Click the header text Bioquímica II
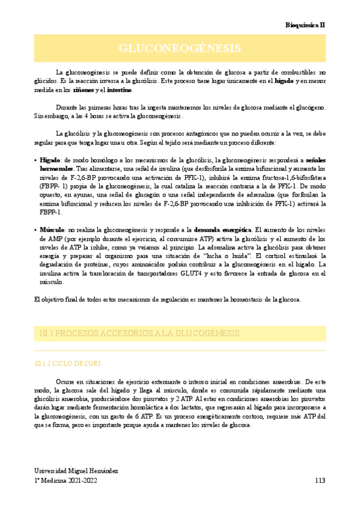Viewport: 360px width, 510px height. coord(305,25)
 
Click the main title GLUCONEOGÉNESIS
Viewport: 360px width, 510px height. coord(180,48)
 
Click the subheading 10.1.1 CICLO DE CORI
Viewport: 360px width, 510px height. coord(69,363)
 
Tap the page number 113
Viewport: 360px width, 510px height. coord(320,481)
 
